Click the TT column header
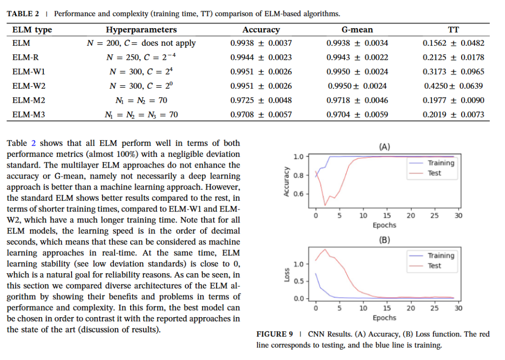pyautogui.click(x=453, y=30)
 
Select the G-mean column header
pyautogui.click(x=357, y=30)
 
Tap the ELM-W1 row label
pyautogui.click(x=29, y=72)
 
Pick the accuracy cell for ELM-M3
pyautogui.click(x=261, y=114)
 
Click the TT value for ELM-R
pyautogui.click(x=453, y=57)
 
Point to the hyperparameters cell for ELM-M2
pyautogui.click(x=142, y=101)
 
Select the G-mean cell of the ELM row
pyautogui.click(x=357, y=43)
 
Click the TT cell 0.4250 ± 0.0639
pyautogui.click(x=453, y=86)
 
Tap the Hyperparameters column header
pyautogui.click(x=142, y=30)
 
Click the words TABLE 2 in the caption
pyautogui.click(x=23, y=14)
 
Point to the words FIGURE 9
pyautogui.click(x=275, y=334)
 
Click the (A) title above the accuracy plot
pyautogui.click(x=385, y=147)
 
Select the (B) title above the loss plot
pyautogui.click(x=385, y=240)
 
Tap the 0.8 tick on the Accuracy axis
pyautogui.click(x=298, y=175)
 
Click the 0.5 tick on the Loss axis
pyautogui.click(x=298, y=281)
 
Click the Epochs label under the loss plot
pyautogui.click(x=385, y=318)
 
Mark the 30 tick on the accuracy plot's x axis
pyautogui.click(x=458, y=216)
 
